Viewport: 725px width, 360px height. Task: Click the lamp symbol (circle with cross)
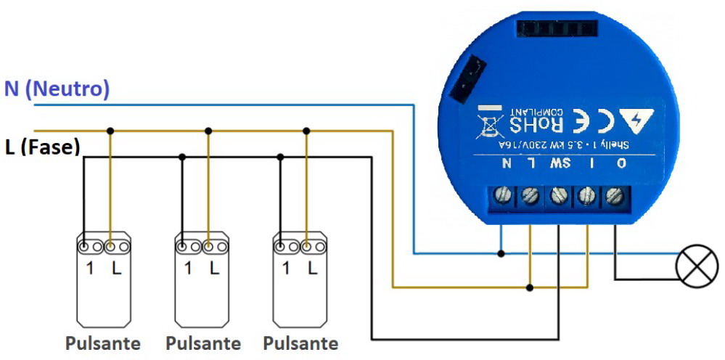tap(697, 266)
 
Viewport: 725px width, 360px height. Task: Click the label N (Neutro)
tap(57, 89)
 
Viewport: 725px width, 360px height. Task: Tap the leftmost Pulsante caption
tap(102, 343)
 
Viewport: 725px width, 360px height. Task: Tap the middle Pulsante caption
tap(202, 343)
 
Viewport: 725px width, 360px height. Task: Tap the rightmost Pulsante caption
tap(300, 343)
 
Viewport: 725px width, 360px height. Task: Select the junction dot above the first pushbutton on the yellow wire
tap(110, 131)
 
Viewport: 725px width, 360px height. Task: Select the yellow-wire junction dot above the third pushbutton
tap(306, 131)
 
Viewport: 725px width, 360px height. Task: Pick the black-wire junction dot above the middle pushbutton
tap(182, 155)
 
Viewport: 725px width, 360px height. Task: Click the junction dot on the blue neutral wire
tap(501, 253)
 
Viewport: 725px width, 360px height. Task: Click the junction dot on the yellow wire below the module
tap(530, 287)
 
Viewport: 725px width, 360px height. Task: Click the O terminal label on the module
tap(621, 163)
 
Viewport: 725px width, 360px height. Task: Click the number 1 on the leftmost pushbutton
tap(89, 269)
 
